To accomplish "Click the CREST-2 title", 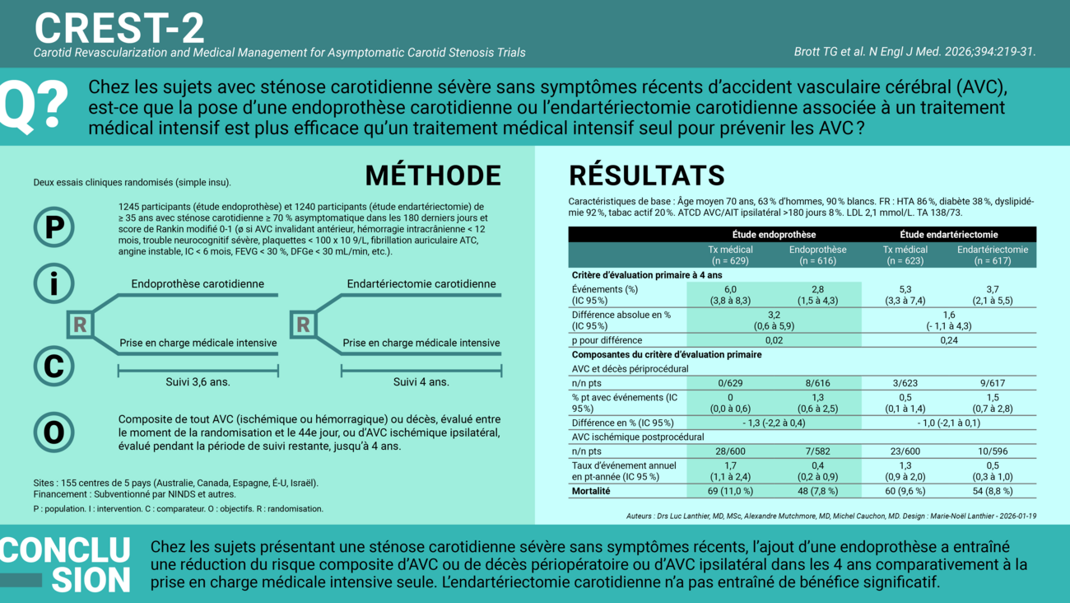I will click(x=119, y=27).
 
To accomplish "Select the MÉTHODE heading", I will click(x=432, y=175).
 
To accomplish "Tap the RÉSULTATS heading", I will click(x=647, y=175).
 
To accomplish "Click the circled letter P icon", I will click(x=53, y=227).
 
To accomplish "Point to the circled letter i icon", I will click(x=53, y=284).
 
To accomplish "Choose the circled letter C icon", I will click(x=53, y=365).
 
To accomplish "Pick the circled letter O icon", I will click(x=53, y=432).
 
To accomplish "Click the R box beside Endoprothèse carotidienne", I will click(x=80, y=325).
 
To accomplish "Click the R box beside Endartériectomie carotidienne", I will click(x=303, y=325).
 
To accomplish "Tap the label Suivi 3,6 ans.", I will click(x=198, y=381).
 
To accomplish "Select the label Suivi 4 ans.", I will click(x=421, y=381).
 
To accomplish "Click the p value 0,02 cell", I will click(x=774, y=340).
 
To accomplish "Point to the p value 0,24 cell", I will click(x=948, y=340).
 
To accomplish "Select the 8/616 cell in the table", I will click(x=817, y=383).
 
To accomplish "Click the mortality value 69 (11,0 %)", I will click(x=730, y=491).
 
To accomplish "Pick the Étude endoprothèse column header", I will click(x=774, y=235).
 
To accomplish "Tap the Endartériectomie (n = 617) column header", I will click(x=992, y=255).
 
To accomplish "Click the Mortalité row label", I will click(x=591, y=491).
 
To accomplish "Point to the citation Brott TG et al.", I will click(x=914, y=51).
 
